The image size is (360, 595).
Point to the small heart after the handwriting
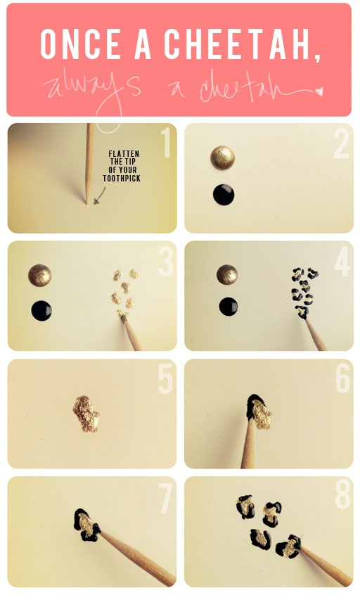point(319,91)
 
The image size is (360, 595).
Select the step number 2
point(341,143)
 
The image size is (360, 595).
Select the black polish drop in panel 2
point(224,194)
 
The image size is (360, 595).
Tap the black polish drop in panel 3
point(41,309)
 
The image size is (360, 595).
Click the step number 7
point(165,498)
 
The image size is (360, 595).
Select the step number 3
point(165,262)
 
